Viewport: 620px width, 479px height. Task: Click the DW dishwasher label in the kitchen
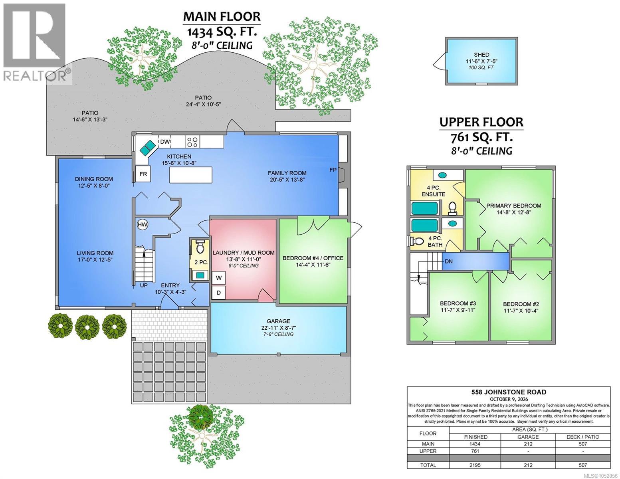pyautogui.click(x=165, y=142)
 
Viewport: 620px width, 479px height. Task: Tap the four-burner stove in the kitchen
pyautogui.click(x=192, y=142)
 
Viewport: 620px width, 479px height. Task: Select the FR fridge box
pyautogui.click(x=143, y=174)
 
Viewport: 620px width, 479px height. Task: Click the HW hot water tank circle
pyautogui.click(x=143, y=224)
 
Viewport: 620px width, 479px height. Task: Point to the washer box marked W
pyautogui.click(x=218, y=278)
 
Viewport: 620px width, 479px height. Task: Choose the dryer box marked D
pyautogui.click(x=218, y=293)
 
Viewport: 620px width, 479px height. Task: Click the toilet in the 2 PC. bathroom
pyautogui.click(x=200, y=247)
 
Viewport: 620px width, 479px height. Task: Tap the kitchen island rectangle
pyautogui.click(x=190, y=175)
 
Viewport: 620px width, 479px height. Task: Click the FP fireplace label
pyautogui.click(x=333, y=170)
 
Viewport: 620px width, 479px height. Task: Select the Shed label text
pyautogui.click(x=481, y=55)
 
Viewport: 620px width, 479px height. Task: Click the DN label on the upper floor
pyautogui.click(x=448, y=261)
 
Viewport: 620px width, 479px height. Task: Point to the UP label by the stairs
pyautogui.click(x=144, y=285)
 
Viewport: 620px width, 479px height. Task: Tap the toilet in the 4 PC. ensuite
pyautogui.click(x=452, y=208)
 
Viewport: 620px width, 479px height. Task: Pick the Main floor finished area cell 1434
pyautogui.click(x=475, y=444)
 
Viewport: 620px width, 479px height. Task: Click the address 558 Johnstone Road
pyautogui.click(x=509, y=392)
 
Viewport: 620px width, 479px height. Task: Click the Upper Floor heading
pyautogui.click(x=481, y=122)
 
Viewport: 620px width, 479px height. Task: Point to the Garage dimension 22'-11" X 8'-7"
pyautogui.click(x=278, y=328)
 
